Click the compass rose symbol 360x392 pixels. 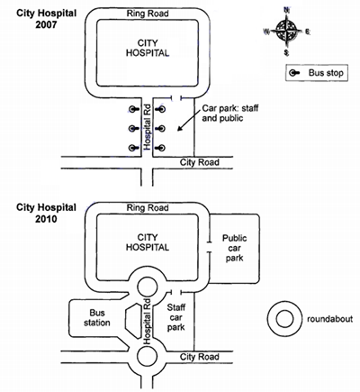287,31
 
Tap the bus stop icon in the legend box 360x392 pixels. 294,73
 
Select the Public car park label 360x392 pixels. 235,248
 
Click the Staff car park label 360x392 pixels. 176,317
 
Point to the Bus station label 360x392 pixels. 97,318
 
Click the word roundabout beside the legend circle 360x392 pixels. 329,319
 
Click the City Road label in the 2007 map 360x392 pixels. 200,162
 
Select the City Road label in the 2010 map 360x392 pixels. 200,357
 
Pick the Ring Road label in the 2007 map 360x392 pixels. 148,14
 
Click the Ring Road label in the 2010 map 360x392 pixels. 148,207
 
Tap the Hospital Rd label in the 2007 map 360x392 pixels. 147,127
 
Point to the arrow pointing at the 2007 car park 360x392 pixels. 189,121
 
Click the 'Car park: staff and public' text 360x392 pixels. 230,113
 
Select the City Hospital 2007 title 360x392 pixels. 46,19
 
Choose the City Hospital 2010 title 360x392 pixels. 46,213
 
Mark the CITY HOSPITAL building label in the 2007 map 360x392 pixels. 148,48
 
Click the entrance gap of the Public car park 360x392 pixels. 209,247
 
